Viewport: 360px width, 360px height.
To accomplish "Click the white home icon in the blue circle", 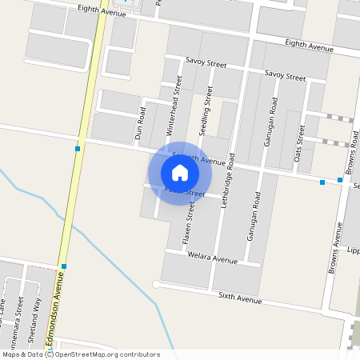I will tap(179, 172).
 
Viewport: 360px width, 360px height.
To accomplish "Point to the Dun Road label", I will tap(142, 124).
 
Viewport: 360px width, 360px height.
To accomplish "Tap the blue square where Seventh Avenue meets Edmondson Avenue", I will tap(78, 149).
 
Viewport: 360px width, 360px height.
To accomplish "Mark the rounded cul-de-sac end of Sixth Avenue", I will tap(157, 284).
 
